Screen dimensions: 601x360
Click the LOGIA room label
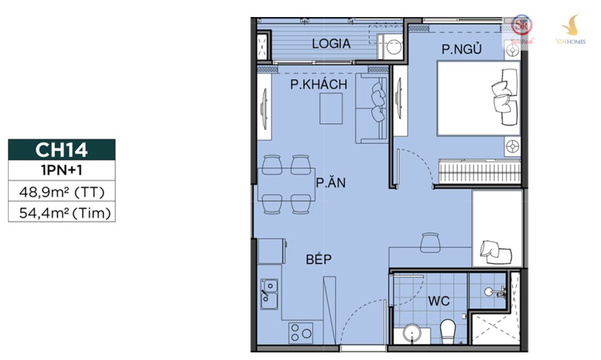(x=331, y=43)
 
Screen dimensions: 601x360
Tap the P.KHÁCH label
(x=319, y=84)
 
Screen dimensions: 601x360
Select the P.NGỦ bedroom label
(x=461, y=49)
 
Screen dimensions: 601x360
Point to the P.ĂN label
(x=330, y=182)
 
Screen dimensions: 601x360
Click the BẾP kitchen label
(x=319, y=259)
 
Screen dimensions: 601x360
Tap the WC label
(x=439, y=301)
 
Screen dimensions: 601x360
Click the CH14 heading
(x=61, y=150)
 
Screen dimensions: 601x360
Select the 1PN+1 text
(x=62, y=170)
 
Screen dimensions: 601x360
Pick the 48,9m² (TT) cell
(x=62, y=191)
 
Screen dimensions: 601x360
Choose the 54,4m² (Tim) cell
(x=62, y=212)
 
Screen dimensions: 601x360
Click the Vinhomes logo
(x=570, y=29)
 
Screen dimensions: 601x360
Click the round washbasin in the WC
(x=412, y=334)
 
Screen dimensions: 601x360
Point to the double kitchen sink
(x=269, y=294)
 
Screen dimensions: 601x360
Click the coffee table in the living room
(x=331, y=108)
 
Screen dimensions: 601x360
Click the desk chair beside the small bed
(x=430, y=243)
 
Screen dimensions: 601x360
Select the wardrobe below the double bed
(x=480, y=171)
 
